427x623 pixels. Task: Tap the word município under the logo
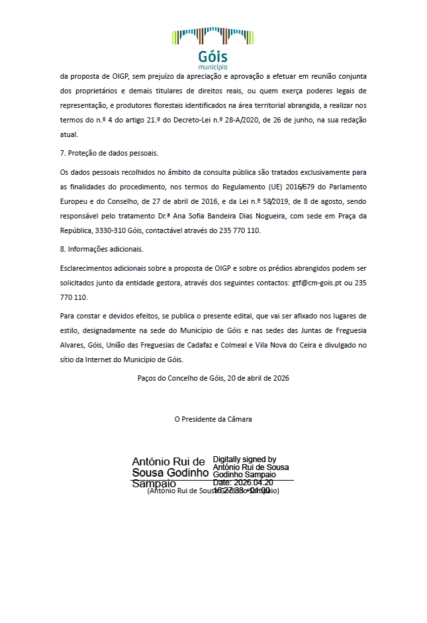point(213,68)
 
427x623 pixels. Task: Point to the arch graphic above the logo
point(213,35)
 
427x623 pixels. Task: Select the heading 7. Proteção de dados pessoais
point(109,154)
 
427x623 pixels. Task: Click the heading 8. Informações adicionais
point(101,250)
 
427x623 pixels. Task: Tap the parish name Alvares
point(72,346)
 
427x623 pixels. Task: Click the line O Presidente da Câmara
point(213,419)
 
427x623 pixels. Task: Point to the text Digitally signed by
point(245,459)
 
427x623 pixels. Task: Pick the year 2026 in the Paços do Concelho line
point(280,378)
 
